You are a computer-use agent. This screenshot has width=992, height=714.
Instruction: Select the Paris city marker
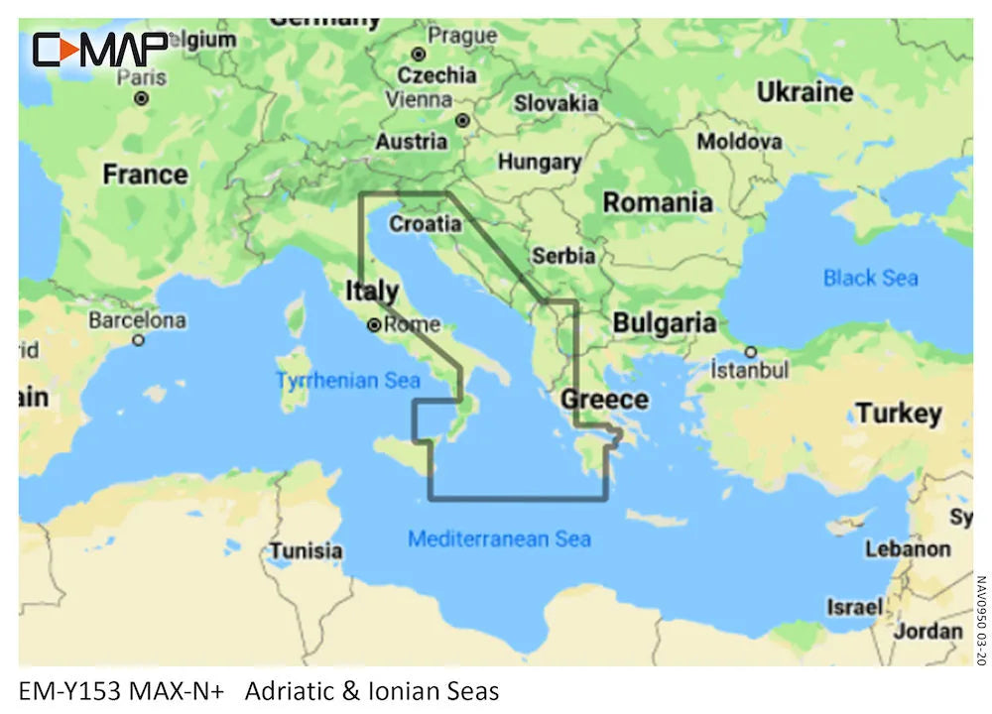coord(142,98)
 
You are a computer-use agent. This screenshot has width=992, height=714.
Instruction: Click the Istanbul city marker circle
coord(751,351)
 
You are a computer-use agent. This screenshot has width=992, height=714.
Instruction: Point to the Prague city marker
coord(419,54)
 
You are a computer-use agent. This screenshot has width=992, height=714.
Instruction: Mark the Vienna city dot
coord(462,120)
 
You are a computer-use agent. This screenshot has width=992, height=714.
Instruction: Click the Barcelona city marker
coord(139,340)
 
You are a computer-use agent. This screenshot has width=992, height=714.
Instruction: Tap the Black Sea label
coord(870,278)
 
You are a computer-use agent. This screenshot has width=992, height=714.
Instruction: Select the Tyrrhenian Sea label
coord(347,380)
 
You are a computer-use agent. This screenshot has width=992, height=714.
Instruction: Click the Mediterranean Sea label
coord(499,539)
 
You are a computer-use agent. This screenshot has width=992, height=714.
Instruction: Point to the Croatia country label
coord(425,224)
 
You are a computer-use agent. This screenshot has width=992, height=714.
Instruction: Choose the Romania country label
coord(658,202)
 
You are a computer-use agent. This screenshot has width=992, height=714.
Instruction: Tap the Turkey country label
coord(899,413)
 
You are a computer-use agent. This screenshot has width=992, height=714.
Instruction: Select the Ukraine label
coord(805,92)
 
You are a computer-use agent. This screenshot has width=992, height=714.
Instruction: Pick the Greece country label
coord(604,399)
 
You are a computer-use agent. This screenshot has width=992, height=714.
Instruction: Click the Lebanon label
coord(907,548)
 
